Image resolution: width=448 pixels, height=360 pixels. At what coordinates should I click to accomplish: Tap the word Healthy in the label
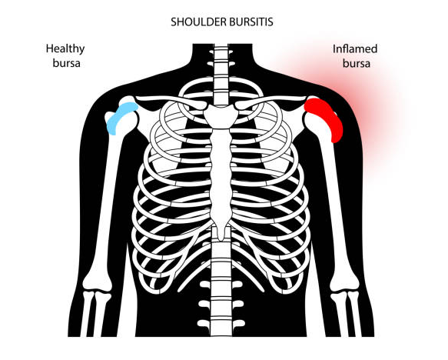point(65,49)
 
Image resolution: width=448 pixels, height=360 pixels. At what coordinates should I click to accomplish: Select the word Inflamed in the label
point(355,49)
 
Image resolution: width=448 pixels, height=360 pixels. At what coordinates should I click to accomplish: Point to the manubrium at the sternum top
point(221,115)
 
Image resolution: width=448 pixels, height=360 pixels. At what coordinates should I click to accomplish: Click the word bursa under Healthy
point(66,63)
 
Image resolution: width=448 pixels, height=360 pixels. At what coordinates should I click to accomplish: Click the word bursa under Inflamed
point(357,63)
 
